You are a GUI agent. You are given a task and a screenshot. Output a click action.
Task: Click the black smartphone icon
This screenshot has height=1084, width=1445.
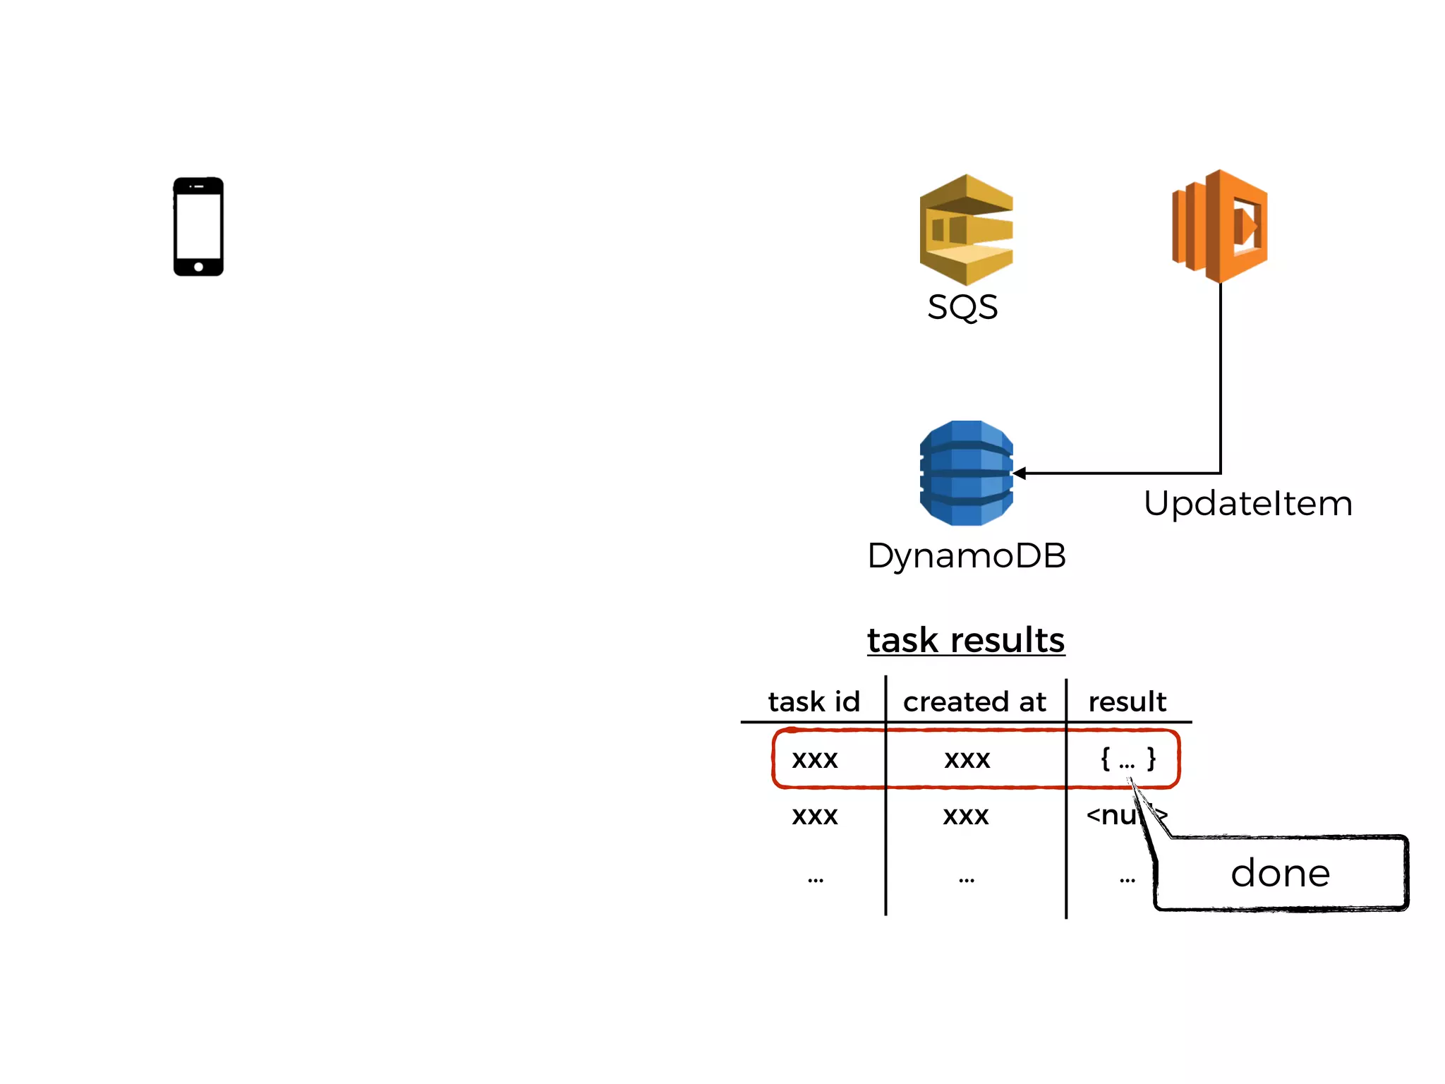click(198, 227)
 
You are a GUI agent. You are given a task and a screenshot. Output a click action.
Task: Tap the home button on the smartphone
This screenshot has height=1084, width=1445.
click(198, 267)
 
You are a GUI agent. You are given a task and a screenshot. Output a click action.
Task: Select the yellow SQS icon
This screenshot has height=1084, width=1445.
click(966, 230)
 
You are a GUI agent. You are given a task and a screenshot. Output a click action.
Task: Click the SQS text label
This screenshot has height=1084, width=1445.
click(962, 308)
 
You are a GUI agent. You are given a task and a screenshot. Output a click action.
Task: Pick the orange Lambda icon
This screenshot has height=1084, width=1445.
click(1220, 226)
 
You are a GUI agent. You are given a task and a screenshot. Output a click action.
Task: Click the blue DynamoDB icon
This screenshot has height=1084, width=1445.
click(966, 473)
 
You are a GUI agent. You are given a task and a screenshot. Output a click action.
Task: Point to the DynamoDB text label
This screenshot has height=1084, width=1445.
click(966, 555)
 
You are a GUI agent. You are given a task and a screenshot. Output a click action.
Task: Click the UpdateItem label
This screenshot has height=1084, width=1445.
click(1247, 504)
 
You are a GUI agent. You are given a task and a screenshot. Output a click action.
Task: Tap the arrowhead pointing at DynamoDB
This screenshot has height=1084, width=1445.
click(1020, 473)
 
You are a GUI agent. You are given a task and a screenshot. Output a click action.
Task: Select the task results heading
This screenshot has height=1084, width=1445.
click(965, 640)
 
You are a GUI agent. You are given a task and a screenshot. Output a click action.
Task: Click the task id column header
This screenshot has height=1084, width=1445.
click(814, 701)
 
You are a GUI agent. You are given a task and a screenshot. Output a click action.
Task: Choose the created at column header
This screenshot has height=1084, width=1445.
click(974, 701)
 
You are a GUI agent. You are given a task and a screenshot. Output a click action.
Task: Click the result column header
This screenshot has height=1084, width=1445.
click(1127, 701)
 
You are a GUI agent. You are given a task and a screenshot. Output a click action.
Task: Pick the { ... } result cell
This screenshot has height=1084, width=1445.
click(1127, 759)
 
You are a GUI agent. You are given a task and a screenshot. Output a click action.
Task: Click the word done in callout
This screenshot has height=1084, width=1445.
click(1280, 874)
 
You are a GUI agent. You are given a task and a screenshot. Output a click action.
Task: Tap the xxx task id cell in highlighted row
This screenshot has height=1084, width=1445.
click(814, 759)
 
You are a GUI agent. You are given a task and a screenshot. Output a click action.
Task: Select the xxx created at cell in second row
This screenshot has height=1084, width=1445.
click(966, 816)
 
